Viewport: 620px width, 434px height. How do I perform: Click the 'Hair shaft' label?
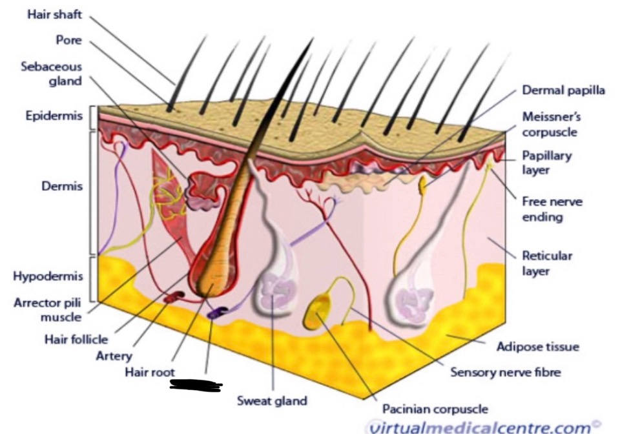[55, 15]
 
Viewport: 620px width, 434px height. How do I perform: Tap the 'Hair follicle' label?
[76, 338]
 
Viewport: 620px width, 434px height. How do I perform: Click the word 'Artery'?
[114, 355]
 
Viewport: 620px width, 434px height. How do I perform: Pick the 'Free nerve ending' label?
[552, 209]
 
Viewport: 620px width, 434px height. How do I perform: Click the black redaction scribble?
[196, 386]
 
